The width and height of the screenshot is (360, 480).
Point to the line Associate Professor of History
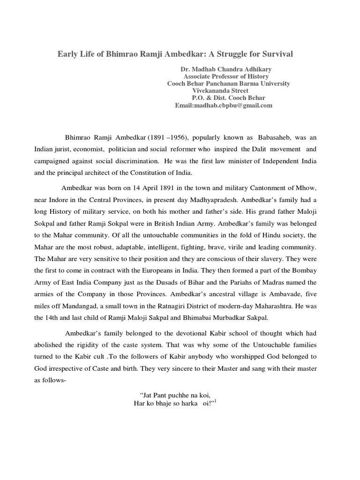pos(226,76)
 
